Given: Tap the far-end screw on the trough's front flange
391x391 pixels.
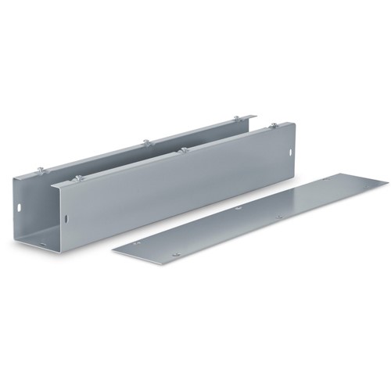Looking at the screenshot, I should click(x=273, y=125).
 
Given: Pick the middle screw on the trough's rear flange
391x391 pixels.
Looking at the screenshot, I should click(x=145, y=142).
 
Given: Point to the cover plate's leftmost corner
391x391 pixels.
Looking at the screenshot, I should click(x=113, y=250).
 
